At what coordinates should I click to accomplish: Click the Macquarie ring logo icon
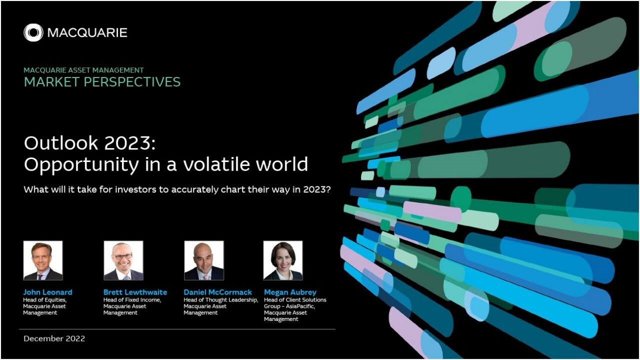(33, 32)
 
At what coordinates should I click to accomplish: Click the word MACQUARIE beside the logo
(87, 33)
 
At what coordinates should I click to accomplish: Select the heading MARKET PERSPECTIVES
(102, 82)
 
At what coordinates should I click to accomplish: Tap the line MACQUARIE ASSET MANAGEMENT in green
(83, 70)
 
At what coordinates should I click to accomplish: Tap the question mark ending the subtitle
(328, 189)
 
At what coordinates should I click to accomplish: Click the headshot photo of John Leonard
(43, 260)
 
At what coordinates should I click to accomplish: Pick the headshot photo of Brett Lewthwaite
(123, 260)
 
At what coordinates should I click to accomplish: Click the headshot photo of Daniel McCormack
(204, 260)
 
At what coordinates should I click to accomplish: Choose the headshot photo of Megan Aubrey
(283, 260)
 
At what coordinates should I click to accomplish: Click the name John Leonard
(47, 292)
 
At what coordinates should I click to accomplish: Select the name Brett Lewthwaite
(135, 292)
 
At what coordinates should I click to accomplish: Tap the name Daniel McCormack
(217, 292)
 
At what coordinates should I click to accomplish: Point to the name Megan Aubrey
(290, 292)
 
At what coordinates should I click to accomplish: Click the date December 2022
(54, 338)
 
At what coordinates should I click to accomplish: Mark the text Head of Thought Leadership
(221, 300)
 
